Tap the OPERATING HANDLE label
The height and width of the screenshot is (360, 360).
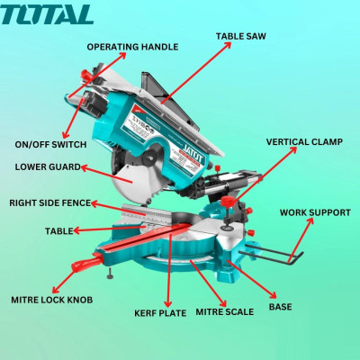[145, 47]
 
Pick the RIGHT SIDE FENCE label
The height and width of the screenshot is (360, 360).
[49, 203]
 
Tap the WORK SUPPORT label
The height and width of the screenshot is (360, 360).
[315, 212]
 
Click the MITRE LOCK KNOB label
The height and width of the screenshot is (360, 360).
[51, 299]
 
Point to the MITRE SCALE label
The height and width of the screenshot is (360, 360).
[238, 311]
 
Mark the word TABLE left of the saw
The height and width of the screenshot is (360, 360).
[58, 231]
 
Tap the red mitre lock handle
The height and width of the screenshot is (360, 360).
[88, 265]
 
